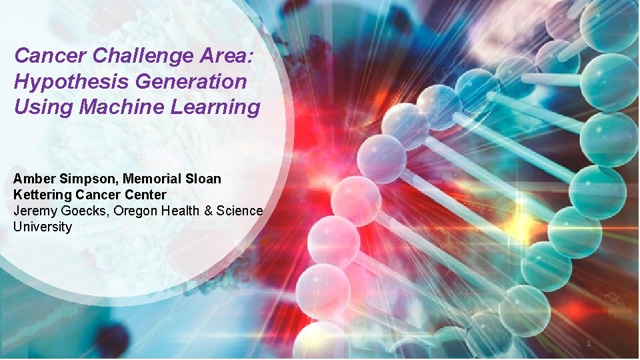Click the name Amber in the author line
click(x=31, y=179)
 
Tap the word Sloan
click(x=203, y=179)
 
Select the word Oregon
click(x=133, y=211)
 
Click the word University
click(x=42, y=227)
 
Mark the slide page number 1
click(x=588, y=343)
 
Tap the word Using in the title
click(x=37, y=107)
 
